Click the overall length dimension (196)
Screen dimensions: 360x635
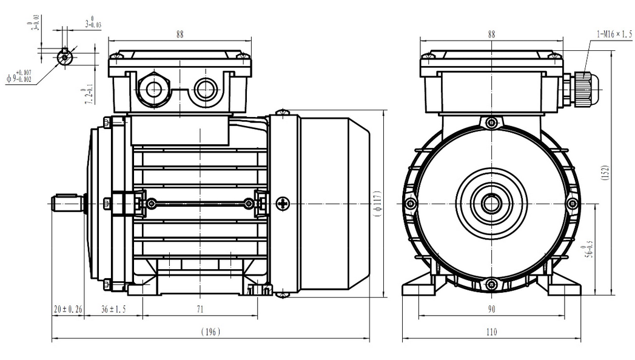tap(210, 332)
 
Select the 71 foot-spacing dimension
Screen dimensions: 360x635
tap(199, 309)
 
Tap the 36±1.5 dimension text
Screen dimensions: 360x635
tap(113, 309)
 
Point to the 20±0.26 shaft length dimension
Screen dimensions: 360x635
tap(67, 309)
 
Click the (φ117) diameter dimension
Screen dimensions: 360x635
tap(377, 204)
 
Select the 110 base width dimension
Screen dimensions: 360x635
tap(491, 332)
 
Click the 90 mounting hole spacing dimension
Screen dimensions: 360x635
tap(491, 309)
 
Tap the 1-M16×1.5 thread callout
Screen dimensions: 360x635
tap(613, 35)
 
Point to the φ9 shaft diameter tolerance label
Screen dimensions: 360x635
tap(19, 76)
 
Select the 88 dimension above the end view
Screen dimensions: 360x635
tap(491, 35)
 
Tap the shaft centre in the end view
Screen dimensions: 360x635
tap(491, 204)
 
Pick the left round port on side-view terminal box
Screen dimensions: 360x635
tap(153, 90)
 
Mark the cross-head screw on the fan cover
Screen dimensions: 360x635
tap(284, 204)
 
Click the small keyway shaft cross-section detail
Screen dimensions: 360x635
tap(64, 57)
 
